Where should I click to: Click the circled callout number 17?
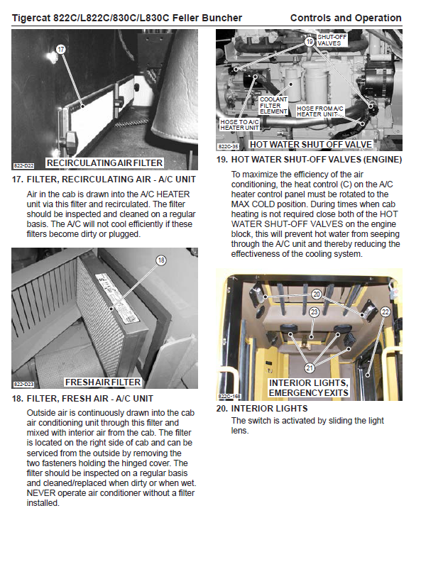[61, 49]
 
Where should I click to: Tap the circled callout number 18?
[161, 260]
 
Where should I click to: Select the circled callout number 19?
[310, 42]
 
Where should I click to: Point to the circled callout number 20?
[317, 294]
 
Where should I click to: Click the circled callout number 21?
[310, 368]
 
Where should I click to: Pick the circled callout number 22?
[385, 312]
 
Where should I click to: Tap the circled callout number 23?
[315, 312]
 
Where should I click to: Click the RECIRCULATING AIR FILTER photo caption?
[104, 163]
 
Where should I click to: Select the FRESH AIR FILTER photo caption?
[103, 382]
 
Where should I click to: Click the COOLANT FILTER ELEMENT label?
[273, 105]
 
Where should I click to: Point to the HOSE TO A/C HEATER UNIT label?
[239, 125]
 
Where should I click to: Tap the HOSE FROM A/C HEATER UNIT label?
[320, 111]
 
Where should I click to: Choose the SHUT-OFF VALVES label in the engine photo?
[332, 40]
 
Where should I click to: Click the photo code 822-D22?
[23, 166]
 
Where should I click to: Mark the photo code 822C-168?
[229, 396]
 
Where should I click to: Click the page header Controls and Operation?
[346, 18]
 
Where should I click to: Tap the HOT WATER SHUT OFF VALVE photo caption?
[311, 144]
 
